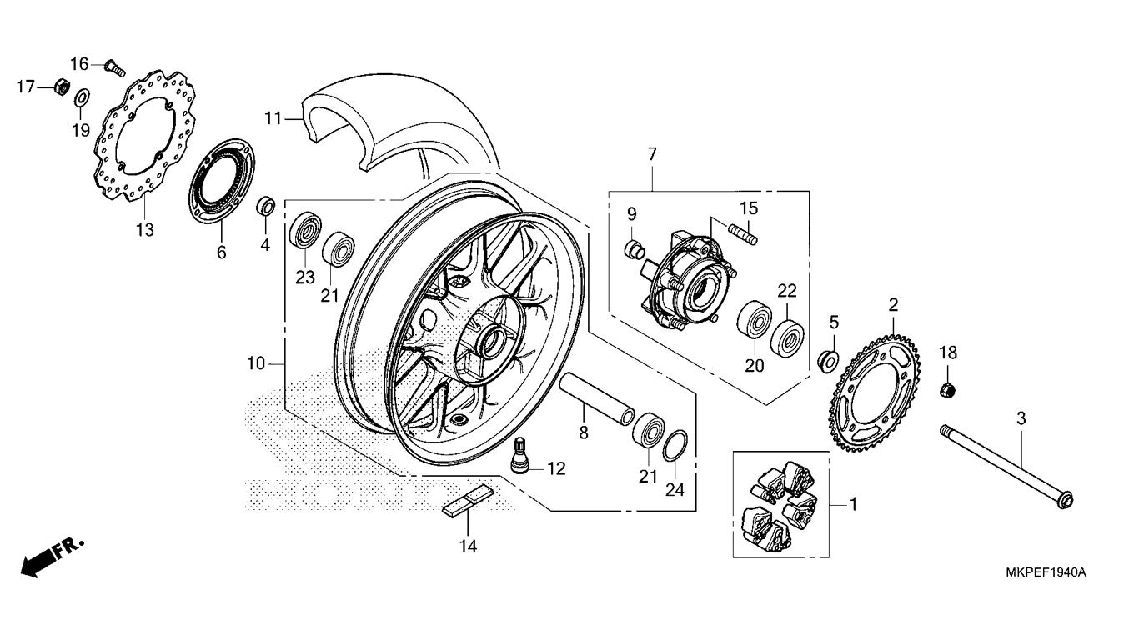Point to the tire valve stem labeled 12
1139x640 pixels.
[519, 455]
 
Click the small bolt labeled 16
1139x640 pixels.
[115, 68]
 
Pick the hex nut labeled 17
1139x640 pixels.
[62, 87]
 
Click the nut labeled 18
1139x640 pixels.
[946, 390]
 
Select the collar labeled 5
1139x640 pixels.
[828, 360]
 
